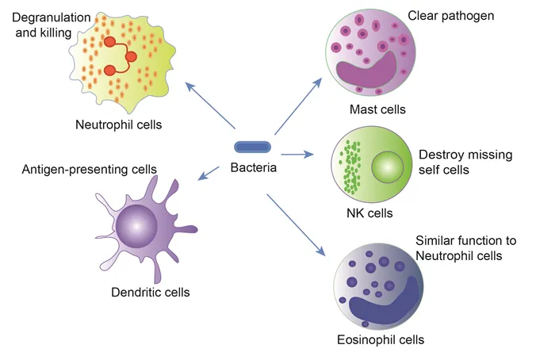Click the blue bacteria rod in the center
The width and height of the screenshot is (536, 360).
[x=253, y=146]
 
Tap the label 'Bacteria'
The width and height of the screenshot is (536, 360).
[x=253, y=167]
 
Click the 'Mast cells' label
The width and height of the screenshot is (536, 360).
[x=377, y=109]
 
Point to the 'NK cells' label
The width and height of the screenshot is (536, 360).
[x=369, y=213]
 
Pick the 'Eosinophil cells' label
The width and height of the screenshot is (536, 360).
[x=380, y=339]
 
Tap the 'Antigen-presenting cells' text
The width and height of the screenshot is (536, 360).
[x=89, y=169]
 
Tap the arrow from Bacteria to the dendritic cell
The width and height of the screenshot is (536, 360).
[x=209, y=172]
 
